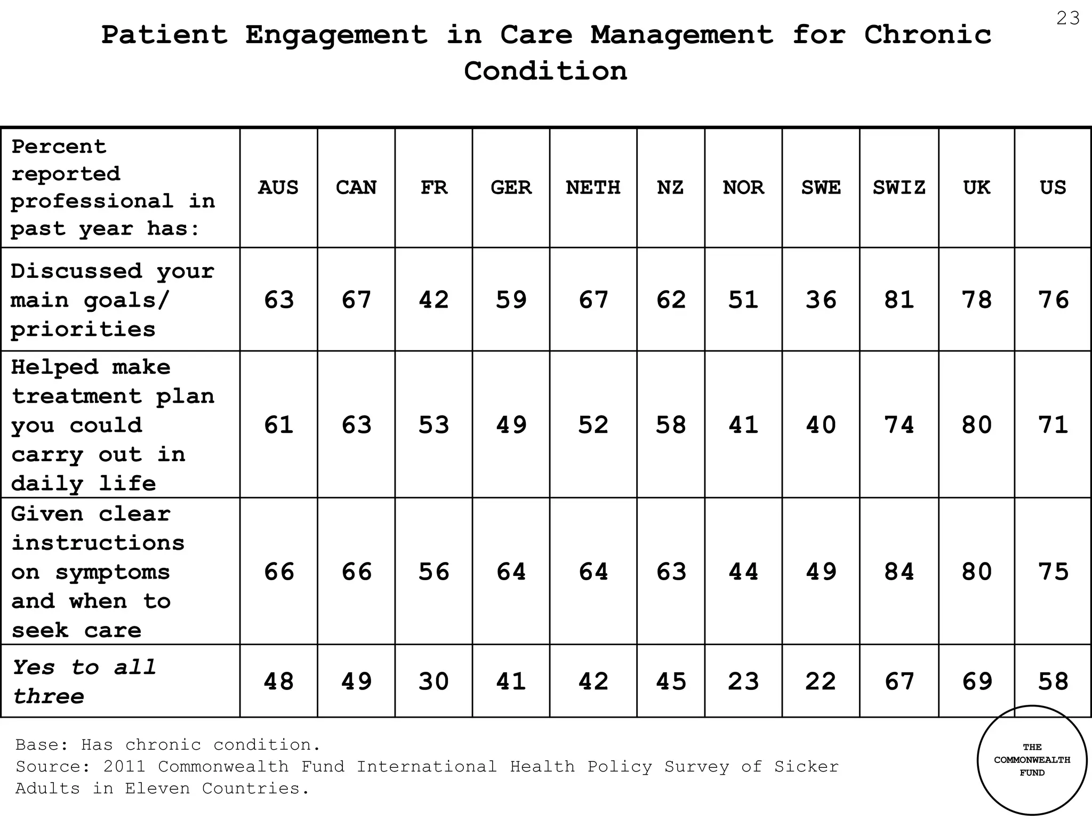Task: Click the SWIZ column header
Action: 898,188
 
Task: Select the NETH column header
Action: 593,188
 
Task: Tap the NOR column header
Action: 743,188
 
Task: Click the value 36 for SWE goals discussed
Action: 821,300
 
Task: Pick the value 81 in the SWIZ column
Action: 899,300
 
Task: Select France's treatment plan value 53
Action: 433,425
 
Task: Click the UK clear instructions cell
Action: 976,572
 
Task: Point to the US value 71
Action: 1053,425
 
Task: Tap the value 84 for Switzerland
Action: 899,572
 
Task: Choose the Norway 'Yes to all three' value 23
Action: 743,681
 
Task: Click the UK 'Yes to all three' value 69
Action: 977,681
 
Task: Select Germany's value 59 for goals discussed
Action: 511,300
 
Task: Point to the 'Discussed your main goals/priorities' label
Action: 112,300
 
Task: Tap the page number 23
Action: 1068,19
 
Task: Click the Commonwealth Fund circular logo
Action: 1032,760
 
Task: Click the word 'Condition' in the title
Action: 545,71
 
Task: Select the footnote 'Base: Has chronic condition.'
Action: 168,744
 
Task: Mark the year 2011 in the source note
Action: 124,766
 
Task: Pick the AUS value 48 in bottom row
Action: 279,681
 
